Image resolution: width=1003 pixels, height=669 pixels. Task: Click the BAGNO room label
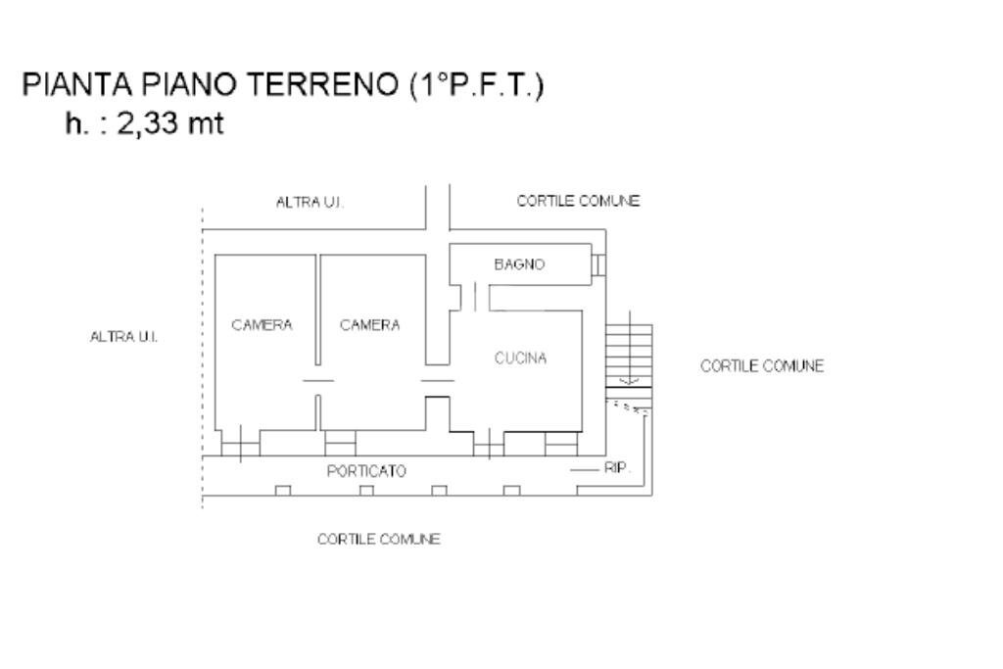click(519, 264)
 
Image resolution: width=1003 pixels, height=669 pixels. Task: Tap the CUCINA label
click(520, 358)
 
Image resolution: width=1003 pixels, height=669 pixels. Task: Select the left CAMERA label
click(262, 325)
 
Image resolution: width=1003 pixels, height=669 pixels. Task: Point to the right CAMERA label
click(369, 325)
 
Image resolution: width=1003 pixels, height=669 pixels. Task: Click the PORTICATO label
click(365, 471)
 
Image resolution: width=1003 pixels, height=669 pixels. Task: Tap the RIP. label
click(617, 470)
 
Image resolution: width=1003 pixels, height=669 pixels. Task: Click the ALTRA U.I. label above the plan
click(310, 202)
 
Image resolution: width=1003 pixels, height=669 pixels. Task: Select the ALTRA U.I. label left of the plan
click(123, 337)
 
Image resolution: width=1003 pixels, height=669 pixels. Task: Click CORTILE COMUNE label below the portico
click(378, 540)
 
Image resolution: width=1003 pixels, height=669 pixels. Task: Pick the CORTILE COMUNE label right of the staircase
click(762, 366)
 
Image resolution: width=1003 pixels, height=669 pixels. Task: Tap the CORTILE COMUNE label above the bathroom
click(578, 201)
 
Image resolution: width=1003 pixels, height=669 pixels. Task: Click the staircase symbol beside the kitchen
click(628, 353)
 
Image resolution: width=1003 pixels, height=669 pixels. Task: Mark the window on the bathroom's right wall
click(599, 264)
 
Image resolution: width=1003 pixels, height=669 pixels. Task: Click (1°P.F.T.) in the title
click(475, 86)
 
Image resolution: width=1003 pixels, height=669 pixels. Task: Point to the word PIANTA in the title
click(70, 86)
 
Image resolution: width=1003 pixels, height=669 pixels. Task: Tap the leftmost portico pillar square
click(282, 490)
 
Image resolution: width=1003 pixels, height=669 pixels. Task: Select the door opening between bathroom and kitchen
click(473, 296)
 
